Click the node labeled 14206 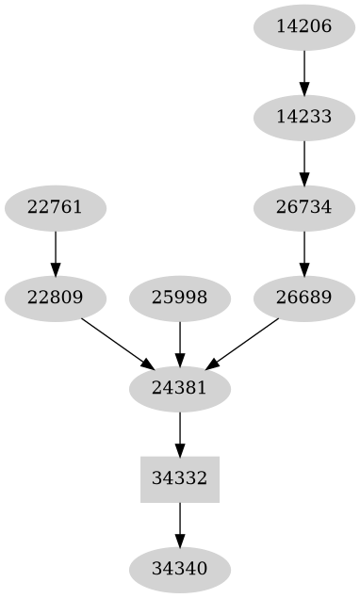[304, 26]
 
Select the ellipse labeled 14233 [304, 118]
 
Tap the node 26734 [304, 207]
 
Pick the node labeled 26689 [304, 299]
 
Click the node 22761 [56, 207]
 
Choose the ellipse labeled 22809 [56, 299]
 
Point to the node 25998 [180, 299]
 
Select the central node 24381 [180, 387]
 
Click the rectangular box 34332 [180, 478]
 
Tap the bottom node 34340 [180, 569]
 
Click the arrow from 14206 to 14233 [304, 72]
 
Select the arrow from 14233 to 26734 [304, 162]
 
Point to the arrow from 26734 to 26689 [304, 252]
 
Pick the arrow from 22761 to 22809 [56, 252]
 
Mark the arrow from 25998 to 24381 [180, 343]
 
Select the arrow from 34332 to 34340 [180, 523]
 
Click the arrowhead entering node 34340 [180, 541]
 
